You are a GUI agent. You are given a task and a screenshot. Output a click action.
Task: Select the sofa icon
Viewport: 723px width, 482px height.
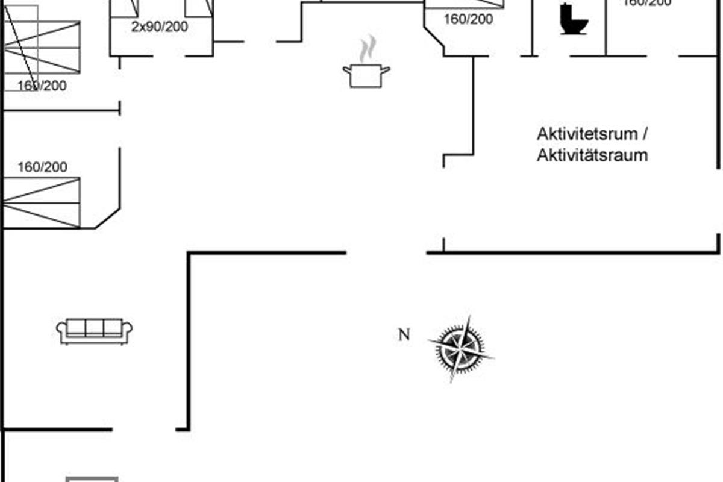[x=95, y=331]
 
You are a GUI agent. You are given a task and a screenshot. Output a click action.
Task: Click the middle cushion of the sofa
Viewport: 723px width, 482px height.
[x=95, y=327]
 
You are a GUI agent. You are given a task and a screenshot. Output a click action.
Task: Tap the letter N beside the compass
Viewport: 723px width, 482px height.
[x=404, y=335]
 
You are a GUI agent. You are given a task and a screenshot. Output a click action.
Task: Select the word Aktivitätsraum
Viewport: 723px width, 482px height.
[x=592, y=155]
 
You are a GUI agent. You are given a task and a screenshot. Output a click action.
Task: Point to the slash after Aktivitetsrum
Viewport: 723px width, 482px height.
[x=646, y=134]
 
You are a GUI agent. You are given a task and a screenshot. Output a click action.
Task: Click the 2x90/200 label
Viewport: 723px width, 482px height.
[x=160, y=27]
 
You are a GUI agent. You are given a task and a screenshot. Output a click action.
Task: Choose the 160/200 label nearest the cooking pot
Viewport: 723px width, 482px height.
[x=468, y=19]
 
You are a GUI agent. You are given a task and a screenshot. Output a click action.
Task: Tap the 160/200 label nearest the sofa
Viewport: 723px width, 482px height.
[x=42, y=167]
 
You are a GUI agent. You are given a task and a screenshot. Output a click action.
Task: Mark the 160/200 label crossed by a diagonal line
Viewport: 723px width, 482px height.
[x=42, y=86]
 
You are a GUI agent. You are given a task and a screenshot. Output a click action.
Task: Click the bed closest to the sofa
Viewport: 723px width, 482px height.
[x=41, y=202]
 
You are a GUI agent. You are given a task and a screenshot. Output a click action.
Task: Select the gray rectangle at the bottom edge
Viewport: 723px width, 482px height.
[x=92, y=479]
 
